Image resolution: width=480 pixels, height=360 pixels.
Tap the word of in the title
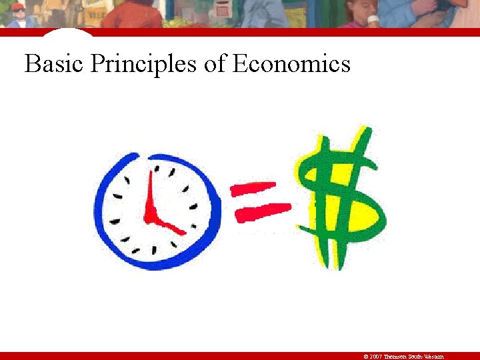coord(215,65)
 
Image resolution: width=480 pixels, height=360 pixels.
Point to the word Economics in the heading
coord(291,65)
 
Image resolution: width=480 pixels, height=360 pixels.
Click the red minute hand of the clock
coord(150,193)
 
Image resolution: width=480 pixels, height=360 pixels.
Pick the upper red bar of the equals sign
coord(253,189)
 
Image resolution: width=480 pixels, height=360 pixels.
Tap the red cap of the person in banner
coord(18,7)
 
